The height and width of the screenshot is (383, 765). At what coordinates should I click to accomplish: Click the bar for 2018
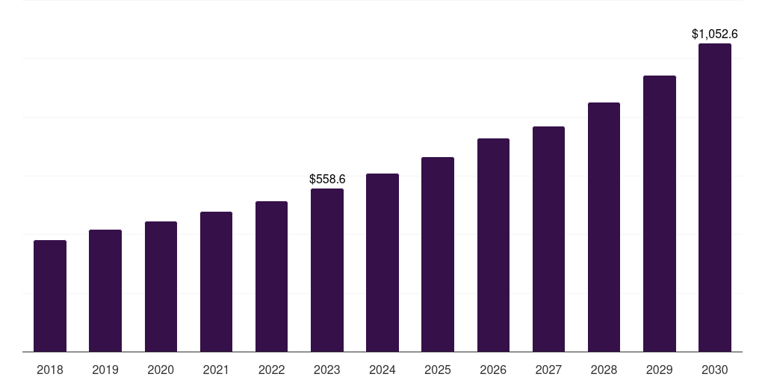(x=50, y=296)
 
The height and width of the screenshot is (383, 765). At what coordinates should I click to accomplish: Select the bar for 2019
(x=105, y=291)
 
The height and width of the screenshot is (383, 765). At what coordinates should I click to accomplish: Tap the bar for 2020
(x=161, y=287)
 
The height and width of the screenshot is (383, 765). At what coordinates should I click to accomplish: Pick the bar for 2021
(x=216, y=282)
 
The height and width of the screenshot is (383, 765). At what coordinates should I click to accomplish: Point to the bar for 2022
(x=271, y=277)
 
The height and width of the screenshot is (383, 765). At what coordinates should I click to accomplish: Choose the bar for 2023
(x=327, y=270)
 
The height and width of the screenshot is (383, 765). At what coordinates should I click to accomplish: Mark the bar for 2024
(x=382, y=263)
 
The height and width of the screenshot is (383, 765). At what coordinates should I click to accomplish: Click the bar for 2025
(x=438, y=254)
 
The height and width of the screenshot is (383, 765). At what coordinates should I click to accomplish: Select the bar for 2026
(x=493, y=245)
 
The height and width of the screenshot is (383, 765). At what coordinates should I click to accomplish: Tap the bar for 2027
(x=548, y=239)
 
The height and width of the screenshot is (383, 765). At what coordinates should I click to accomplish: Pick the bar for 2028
(x=604, y=227)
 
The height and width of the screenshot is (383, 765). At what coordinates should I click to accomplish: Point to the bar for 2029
(x=660, y=214)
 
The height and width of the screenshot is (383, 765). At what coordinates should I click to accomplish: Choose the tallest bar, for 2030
(x=715, y=197)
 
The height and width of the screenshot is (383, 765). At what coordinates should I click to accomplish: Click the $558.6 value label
(x=327, y=180)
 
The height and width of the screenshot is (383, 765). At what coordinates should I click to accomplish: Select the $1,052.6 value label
(x=715, y=34)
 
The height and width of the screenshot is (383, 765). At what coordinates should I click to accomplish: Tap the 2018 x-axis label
(x=50, y=370)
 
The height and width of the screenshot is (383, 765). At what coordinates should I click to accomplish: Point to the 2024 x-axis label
(x=382, y=370)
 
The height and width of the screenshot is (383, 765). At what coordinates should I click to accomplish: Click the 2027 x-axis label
(x=548, y=370)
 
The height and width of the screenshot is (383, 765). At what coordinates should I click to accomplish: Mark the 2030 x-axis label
(x=715, y=370)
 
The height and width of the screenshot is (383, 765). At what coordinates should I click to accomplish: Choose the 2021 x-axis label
(x=216, y=370)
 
